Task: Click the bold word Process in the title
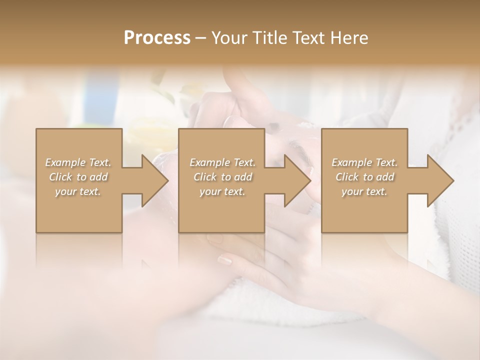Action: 157,38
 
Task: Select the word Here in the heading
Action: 348,38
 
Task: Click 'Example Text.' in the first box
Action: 78,162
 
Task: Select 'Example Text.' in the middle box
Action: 222,162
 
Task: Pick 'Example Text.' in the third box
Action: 364,162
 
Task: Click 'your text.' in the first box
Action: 78,191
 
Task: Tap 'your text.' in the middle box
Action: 222,191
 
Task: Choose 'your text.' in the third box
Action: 364,191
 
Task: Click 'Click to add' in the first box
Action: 78,177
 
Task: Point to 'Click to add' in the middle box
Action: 222,177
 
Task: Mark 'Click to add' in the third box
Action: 364,177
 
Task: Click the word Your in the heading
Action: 228,38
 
